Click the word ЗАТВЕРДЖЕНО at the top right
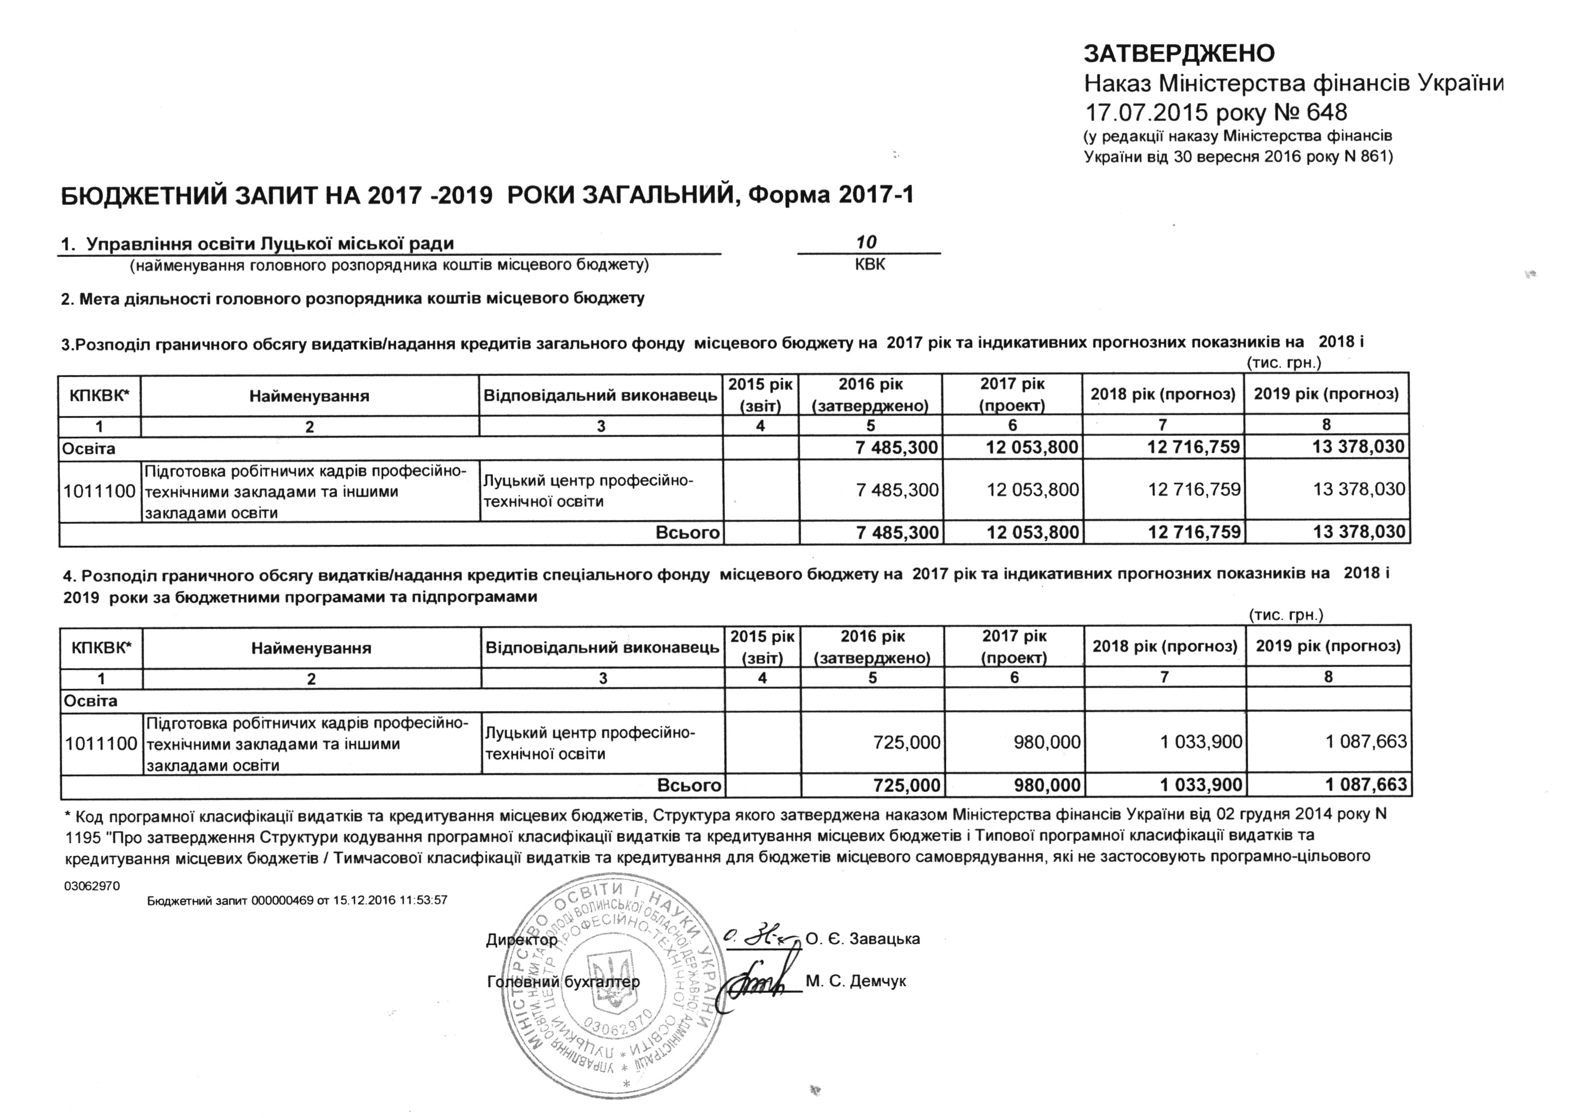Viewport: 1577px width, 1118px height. click(1179, 53)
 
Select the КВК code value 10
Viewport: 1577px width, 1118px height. click(866, 242)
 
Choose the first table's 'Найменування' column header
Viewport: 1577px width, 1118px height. click(309, 396)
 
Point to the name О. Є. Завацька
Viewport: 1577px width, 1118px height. click(862, 939)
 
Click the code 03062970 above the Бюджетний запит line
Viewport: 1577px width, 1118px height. click(92, 886)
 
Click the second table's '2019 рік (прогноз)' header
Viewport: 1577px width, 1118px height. click(1328, 646)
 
